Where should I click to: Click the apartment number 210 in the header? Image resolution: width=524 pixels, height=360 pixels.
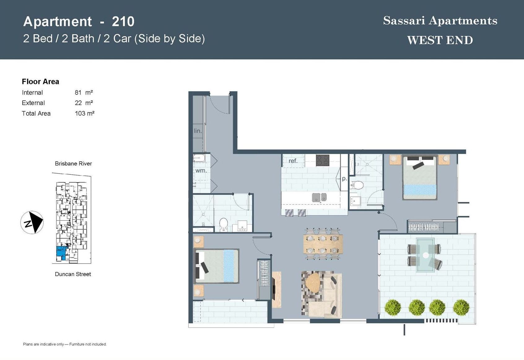[x=123, y=22]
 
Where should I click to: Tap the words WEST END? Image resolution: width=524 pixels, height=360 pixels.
[x=440, y=40]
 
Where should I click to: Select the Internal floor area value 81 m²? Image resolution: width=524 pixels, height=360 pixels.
[x=84, y=92]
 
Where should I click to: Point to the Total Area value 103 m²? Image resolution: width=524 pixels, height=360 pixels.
[x=85, y=113]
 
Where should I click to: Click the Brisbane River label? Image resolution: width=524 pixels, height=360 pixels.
[x=73, y=163]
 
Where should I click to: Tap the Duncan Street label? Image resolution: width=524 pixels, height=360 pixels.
[x=73, y=274]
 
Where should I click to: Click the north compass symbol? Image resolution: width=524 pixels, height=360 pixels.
[x=32, y=222]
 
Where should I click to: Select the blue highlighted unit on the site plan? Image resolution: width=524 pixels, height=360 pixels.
[x=62, y=251]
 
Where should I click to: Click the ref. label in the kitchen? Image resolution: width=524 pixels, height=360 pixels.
[x=293, y=161]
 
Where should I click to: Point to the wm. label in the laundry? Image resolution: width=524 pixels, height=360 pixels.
[x=201, y=170]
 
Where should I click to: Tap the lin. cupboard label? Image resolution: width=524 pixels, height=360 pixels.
[x=198, y=131]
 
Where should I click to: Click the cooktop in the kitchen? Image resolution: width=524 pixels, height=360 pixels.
[x=322, y=160]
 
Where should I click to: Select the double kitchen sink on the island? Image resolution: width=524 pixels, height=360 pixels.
[x=319, y=197]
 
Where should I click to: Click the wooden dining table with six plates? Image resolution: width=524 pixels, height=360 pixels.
[x=323, y=244]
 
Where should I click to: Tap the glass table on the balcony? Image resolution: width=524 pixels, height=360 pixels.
[x=425, y=255]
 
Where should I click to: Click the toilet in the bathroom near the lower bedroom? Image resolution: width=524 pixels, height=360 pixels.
[x=224, y=225]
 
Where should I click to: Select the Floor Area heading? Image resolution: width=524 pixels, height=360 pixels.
[x=41, y=81]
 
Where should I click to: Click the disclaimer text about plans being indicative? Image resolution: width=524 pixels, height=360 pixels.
[x=65, y=344]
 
